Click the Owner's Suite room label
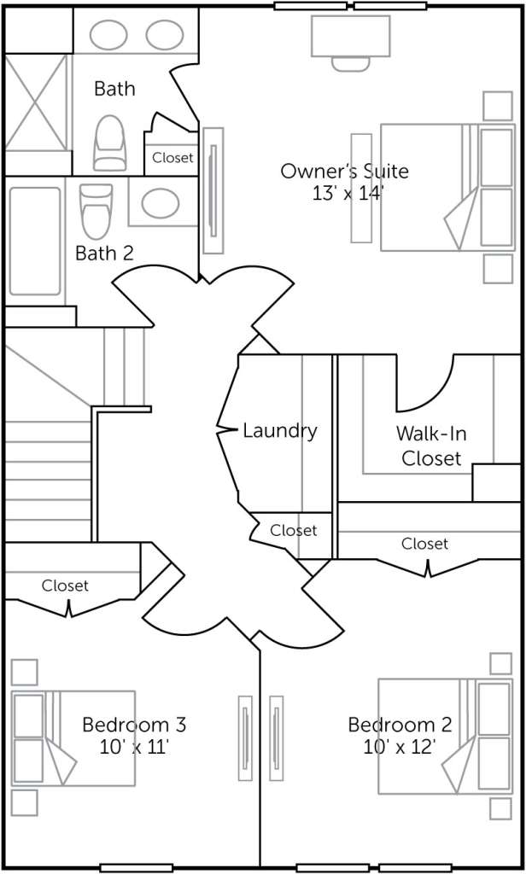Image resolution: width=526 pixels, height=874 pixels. pyautogui.click(x=344, y=171)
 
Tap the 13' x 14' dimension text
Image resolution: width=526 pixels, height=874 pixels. pyautogui.click(x=348, y=194)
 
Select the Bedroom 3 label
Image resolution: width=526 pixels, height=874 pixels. pyautogui.click(x=134, y=725)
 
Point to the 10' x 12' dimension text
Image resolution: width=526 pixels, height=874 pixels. pyautogui.click(x=400, y=747)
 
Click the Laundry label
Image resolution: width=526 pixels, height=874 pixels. pyautogui.click(x=280, y=431)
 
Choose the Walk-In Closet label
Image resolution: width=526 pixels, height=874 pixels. pyautogui.click(x=431, y=446)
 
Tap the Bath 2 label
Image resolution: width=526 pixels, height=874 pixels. pyautogui.click(x=104, y=253)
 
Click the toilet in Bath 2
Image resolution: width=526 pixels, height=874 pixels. pyautogui.click(x=96, y=212)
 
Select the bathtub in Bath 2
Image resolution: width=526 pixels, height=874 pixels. pyautogui.click(x=35, y=241)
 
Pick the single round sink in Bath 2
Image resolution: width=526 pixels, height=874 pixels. pyautogui.click(x=160, y=203)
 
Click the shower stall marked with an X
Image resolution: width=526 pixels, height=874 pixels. pyautogui.click(x=35, y=102)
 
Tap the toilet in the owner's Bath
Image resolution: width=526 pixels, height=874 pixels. pyautogui.click(x=109, y=143)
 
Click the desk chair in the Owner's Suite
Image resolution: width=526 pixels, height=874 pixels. pyautogui.click(x=350, y=63)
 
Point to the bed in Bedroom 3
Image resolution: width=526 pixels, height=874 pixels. pyautogui.click(x=73, y=738)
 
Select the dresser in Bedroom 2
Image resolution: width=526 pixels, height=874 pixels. pyautogui.click(x=276, y=738)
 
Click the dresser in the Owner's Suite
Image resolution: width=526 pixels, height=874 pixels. pyautogui.click(x=213, y=190)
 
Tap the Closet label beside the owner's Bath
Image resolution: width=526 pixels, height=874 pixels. pyautogui.click(x=173, y=158)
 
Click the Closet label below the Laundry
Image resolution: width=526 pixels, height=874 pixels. pyautogui.click(x=294, y=530)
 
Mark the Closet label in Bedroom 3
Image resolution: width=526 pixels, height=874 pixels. pyautogui.click(x=65, y=586)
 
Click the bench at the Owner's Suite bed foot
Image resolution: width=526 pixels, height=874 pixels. pyautogui.click(x=361, y=188)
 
